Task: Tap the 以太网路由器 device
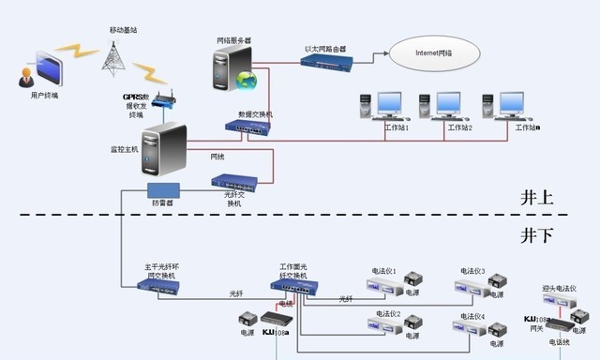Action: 326,63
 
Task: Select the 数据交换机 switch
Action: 247,127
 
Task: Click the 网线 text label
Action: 217,156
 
